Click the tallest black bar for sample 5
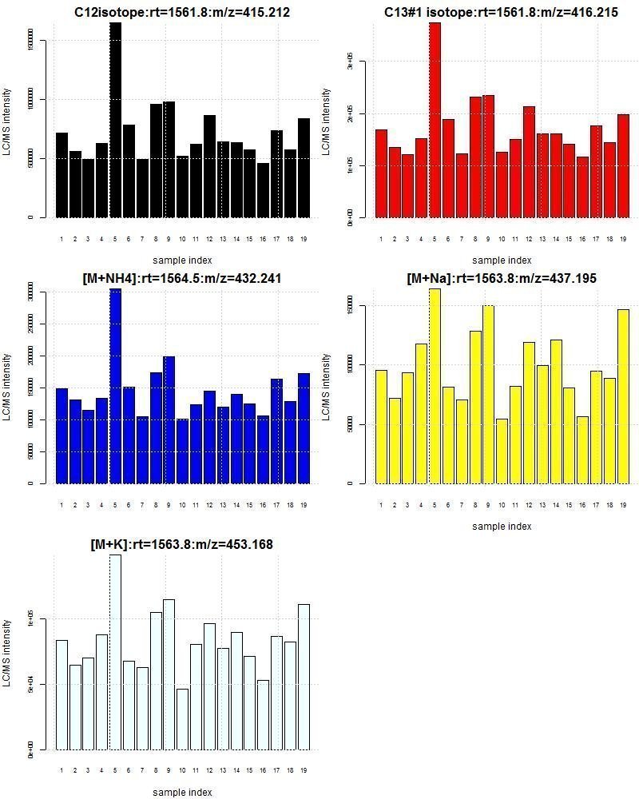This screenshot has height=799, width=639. pos(116,120)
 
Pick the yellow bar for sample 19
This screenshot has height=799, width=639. pos(623,396)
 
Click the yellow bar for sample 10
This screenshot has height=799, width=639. pos(502,451)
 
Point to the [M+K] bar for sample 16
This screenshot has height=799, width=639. pos(264,715)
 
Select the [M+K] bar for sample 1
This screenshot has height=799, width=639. pos(62,695)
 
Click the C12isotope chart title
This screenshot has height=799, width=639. pos(182,12)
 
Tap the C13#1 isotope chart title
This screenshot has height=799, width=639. pos(501,12)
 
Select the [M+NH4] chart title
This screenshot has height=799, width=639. pos(182,278)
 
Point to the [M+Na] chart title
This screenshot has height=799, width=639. pos(501,278)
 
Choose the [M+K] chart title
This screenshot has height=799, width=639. pos(182,544)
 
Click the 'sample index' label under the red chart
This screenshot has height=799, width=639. pos(501,260)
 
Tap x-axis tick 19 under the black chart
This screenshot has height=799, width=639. pos(304,239)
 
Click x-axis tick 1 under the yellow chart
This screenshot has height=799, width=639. pos(381,505)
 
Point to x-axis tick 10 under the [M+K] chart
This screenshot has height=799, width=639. pos(183,771)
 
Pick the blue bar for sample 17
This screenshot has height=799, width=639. pos(277,431)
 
